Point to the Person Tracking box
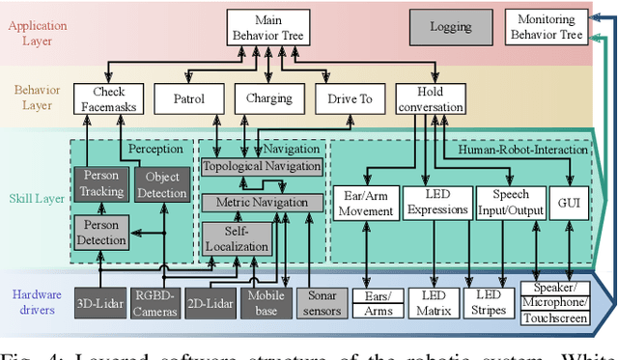[101, 183]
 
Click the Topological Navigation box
[260, 168]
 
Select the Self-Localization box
[237, 239]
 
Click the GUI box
[569, 204]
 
